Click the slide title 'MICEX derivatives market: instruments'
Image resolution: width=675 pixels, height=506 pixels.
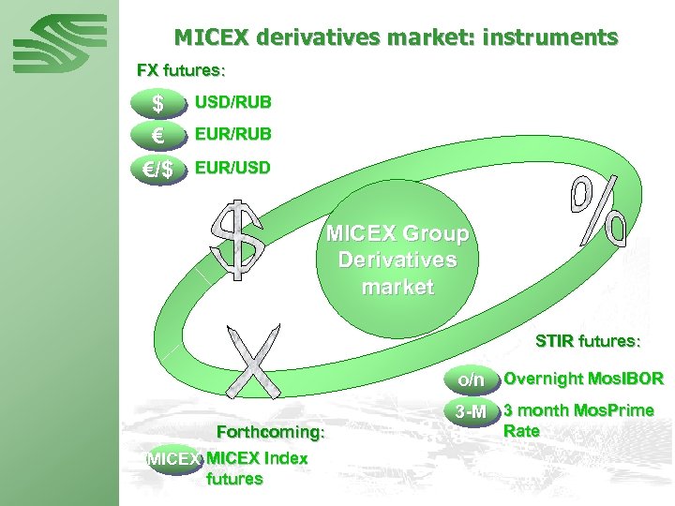coord(396,38)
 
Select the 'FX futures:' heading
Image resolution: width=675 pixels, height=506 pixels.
coord(180,70)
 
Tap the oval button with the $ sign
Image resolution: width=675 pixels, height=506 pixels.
coord(158,102)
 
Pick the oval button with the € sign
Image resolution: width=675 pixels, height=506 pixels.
coord(158,136)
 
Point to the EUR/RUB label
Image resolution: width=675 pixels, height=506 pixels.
coord(232,134)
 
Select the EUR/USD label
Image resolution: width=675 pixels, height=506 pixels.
coord(232,169)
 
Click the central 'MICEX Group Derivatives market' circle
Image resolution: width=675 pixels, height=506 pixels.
coord(397,259)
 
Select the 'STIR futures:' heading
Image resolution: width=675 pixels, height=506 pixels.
coord(586,340)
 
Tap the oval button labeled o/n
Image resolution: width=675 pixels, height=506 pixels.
coord(471,379)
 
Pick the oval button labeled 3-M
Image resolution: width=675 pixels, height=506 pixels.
coord(471,411)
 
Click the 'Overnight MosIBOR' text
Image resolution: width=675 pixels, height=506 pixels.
coord(583,379)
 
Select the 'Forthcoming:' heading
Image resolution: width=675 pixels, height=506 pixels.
coord(270,432)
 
